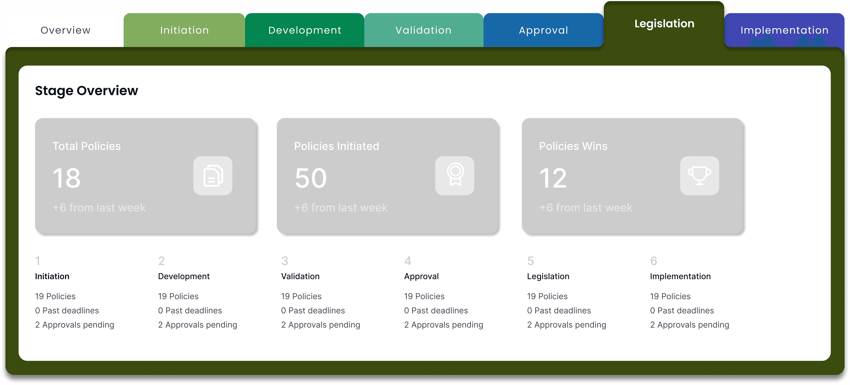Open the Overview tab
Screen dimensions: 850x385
pos(65,30)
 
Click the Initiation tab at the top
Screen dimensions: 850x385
pos(184,30)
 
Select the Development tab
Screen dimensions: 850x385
pos(305,30)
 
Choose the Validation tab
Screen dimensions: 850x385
pos(424,30)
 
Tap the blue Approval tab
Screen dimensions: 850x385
pos(543,30)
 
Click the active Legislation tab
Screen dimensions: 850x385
pos(664,24)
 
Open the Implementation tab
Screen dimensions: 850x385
pos(784,30)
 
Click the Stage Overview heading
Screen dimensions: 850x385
pos(86,91)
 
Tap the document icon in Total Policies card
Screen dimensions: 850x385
pos(213,176)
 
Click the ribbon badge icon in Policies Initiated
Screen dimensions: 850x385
pos(455,176)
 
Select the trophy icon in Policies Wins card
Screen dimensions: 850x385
pos(700,176)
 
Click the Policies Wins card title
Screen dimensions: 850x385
pos(573,146)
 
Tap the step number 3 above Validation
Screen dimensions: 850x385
pos(285,261)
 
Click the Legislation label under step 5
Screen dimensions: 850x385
pos(548,276)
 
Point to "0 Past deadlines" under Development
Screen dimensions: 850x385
pos(190,310)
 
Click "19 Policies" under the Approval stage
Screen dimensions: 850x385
pos(424,296)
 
